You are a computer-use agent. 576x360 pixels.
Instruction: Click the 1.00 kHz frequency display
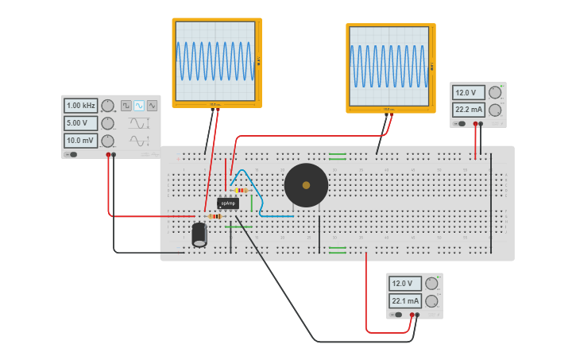click(x=80, y=106)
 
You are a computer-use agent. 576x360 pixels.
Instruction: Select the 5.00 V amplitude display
click(x=80, y=123)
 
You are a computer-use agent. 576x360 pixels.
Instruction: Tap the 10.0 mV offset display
click(x=80, y=141)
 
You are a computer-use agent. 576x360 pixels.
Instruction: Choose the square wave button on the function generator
click(x=126, y=106)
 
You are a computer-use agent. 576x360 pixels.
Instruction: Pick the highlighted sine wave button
click(x=139, y=106)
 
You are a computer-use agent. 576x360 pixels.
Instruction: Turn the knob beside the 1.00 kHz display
click(x=107, y=106)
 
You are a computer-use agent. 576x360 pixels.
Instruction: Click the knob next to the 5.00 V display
click(x=107, y=123)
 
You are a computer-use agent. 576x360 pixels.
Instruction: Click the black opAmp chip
click(x=227, y=203)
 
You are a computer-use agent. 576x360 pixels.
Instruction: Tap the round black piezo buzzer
click(x=306, y=185)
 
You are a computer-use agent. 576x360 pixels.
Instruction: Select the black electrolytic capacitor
click(x=199, y=234)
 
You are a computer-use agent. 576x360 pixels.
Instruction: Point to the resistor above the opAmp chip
click(x=241, y=190)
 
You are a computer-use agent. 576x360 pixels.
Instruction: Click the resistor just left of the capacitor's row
click(x=215, y=216)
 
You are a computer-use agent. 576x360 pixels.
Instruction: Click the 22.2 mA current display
click(x=469, y=110)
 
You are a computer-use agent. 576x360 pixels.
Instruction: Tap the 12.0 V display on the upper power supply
click(x=469, y=93)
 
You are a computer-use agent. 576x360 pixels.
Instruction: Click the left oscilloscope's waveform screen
click(x=215, y=60)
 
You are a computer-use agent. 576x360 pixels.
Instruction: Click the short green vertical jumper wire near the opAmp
click(x=252, y=203)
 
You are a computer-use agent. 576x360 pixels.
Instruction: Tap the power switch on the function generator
click(x=72, y=154)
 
